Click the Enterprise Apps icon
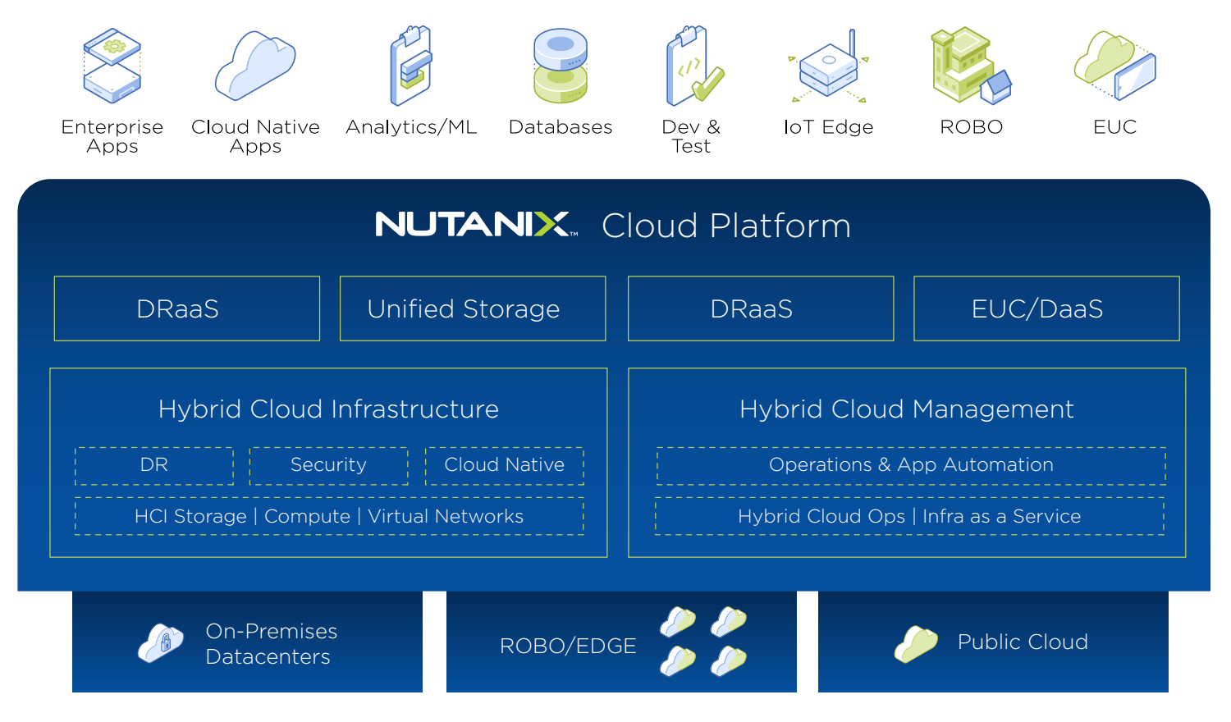coord(112,66)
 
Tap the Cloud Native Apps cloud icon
coord(255,66)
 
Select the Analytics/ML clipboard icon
coord(410,66)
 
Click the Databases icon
coord(561,66)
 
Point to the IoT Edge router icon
coord(829,67)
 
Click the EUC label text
coord(1114,127)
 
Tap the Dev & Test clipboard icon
coord(692,66)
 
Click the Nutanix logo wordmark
coord(473,224)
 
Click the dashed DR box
coord(154,465)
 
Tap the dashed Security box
coord(328,465)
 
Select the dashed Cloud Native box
coord(504,465)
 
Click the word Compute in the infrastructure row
coord(307,516)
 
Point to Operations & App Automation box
coord(911,465)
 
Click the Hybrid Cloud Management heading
coord(906,409)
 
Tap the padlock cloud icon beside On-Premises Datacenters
coord(161,642)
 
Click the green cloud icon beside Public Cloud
coord(916,643)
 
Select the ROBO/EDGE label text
coord(568,646)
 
